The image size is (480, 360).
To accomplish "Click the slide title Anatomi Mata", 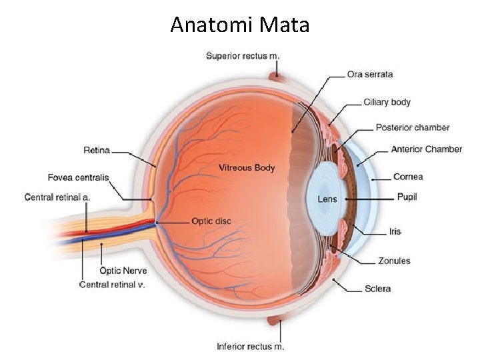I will pyautogui.click(x=240, y=25).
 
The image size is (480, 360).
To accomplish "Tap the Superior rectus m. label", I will pyautogui.click(x=243, y=56).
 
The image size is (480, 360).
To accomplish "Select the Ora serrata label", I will pyautogui.click(x=369, y=74).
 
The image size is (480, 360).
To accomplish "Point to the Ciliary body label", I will pyautogui.click(x=387, y=103).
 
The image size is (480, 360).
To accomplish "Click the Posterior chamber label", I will pyautogui.click(x=412, y=127).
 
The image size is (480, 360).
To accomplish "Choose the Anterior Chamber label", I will pyautogui.click(x=426, y=149).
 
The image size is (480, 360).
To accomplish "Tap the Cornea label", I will pyautogui.click(x=408, y=177).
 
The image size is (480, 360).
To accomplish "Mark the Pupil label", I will pyautogui.click(x=407, y=197).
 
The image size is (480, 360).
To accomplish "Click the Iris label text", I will pyautogui.click(x=395, y=232).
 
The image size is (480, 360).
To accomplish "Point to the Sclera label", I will pyautogui.click(x=377, y=289).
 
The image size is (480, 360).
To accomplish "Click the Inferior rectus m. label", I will pyautogui.click(x=250, y=346).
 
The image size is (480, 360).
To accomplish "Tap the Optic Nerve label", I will pyautogui.click(x=123, y=271).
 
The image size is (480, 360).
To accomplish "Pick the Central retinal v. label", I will pyautogui.click(x=112, y=285).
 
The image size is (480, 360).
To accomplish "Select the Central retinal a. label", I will pyautogui.click(x=57, y=197).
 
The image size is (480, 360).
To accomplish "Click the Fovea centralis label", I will pyautogui.click(x=78, y=177).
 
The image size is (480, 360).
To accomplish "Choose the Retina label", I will pyautogui.click(x=97, y=151).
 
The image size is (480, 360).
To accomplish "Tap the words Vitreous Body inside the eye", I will pyautogui.click(x=247, y=168).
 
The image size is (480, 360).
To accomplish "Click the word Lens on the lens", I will pyautogui.click(x=327, y=199).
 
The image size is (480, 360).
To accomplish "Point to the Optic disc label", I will pyautogui.click(x=211, y=221).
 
